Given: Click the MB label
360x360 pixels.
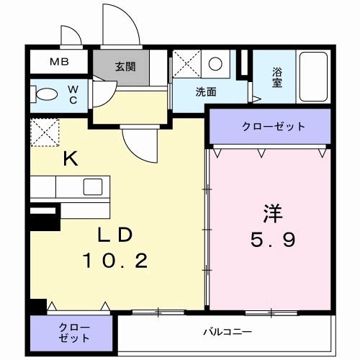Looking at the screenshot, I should (59, 62).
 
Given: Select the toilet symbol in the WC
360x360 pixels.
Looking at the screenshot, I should (47, 95).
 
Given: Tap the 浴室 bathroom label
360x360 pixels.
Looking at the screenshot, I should (277, 77).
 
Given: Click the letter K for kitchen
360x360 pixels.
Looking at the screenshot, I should (70, 159).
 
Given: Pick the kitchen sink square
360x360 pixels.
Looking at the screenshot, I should (92, 186).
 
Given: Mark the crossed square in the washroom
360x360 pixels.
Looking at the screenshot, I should (185, 64).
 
